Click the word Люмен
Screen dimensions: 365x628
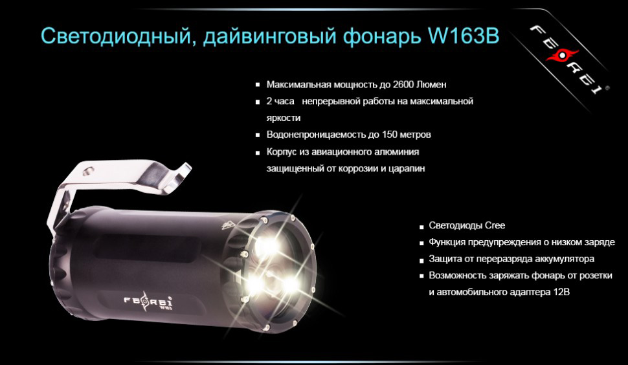432,85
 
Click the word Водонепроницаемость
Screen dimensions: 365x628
311,135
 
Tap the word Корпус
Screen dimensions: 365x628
282,152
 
